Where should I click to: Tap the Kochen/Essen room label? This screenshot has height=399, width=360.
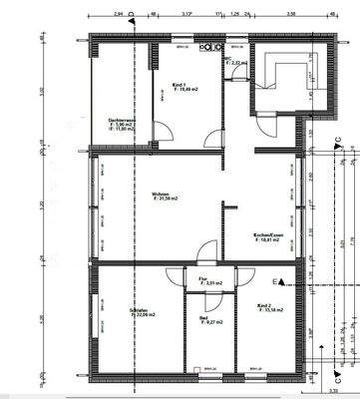271,235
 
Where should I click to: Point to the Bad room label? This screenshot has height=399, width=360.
203,319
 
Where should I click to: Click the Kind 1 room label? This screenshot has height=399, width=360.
180,86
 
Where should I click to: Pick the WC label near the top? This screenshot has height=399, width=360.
228,58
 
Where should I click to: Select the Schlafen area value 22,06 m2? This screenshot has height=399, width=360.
142,317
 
